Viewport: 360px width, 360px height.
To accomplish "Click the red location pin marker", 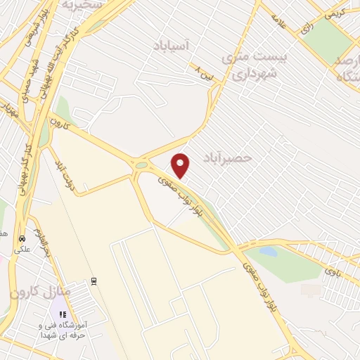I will (x=181, y=165).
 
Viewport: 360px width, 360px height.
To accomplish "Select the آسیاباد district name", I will (x=172, y=46).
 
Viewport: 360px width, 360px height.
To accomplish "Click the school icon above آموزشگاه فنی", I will (x=63, y=314).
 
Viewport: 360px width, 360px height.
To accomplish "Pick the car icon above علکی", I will (x=22, y=238).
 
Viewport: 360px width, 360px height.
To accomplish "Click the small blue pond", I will (x=268, y=250).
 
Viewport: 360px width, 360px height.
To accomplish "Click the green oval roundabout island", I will (x=142, y=165).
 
